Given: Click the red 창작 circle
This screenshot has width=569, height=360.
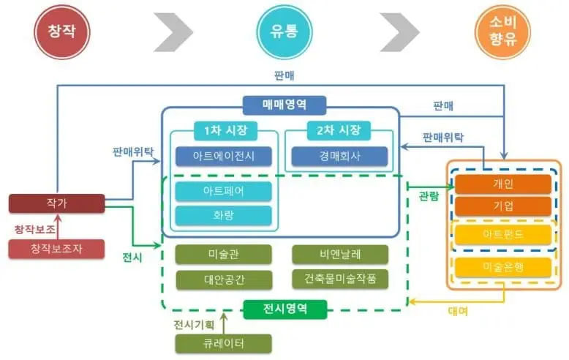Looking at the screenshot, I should click(61, 31).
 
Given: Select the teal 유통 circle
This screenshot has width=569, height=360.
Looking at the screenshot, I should click(284, 31).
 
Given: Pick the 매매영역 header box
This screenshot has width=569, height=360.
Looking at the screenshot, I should click(284, 105).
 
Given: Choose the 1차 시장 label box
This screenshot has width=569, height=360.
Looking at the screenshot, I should click(224, 131).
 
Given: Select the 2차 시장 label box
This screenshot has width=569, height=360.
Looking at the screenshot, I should click(339, 131).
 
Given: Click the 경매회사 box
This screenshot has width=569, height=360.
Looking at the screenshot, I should click(339, 157).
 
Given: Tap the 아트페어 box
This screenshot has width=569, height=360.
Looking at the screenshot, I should click(224, 192).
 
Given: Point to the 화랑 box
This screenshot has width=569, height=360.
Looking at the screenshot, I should click(224, 216).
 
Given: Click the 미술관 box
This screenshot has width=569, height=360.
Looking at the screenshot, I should click(224, 255).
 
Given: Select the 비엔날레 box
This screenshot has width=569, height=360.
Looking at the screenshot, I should click(339, 255).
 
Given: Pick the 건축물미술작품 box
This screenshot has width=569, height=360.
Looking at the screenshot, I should click(339, 280).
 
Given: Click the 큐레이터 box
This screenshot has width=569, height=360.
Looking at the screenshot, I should click(224, 344).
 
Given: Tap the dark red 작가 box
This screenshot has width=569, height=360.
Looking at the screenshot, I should click(57, 203).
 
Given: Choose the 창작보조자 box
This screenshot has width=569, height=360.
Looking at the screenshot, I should click(57, 249).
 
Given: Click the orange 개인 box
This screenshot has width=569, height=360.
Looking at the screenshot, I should click(503, 184).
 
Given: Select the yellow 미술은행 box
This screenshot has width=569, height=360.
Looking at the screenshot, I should click(503, 267).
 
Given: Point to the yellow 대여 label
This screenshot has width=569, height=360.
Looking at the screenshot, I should click(458, 311).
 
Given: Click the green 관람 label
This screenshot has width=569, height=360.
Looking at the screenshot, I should click(429, 197).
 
